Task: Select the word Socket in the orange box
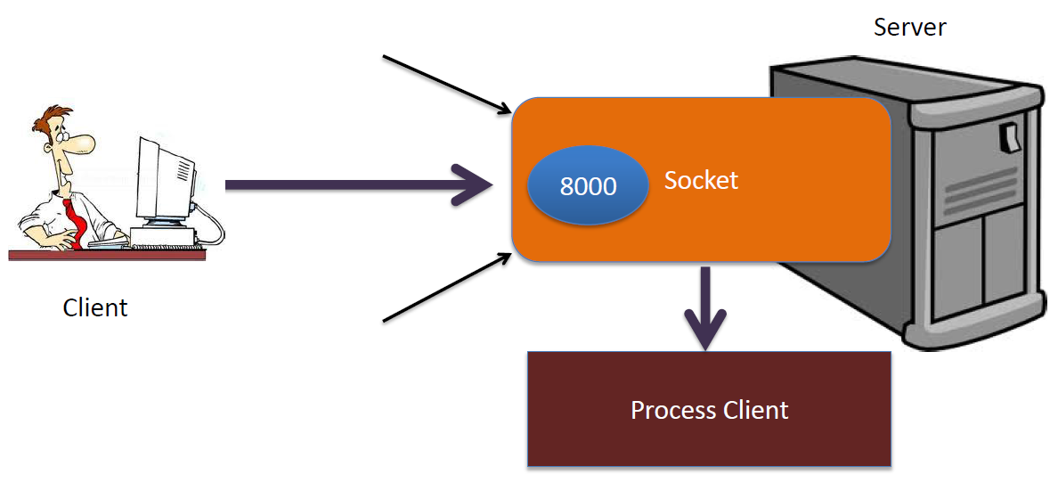[701, 181]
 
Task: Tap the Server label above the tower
[909, 27]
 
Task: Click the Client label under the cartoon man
[95, 307]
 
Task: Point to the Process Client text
[709, 410]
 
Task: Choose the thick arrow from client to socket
[356, 184]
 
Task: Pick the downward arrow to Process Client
[706, 307]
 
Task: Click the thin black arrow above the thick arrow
[445, 85]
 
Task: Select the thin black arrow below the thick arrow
[445, 287]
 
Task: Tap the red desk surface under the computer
[107, 255]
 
